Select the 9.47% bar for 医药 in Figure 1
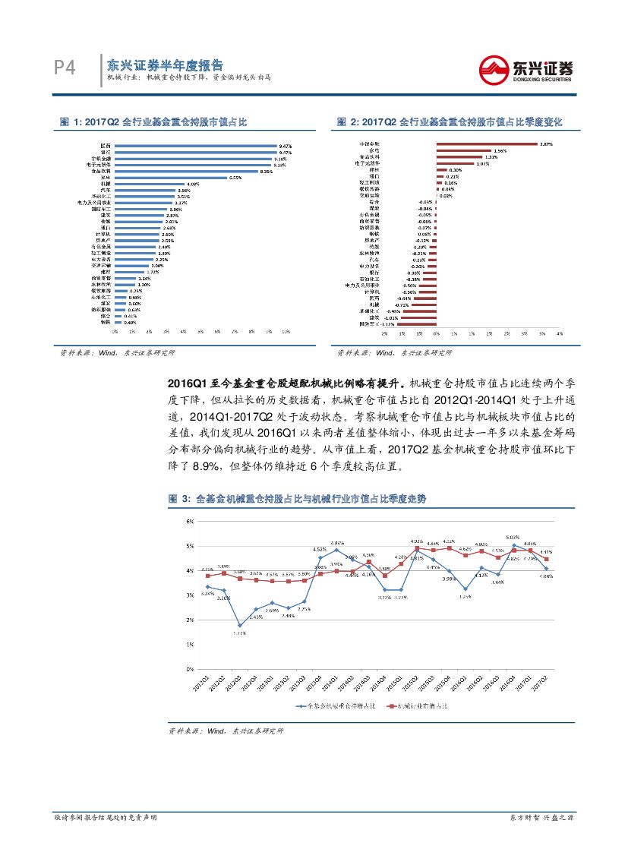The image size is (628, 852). [195, 145]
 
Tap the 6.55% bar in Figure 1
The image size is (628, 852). [170, 177]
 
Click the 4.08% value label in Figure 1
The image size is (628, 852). [192, 184]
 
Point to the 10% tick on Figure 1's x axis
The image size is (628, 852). [286, 332]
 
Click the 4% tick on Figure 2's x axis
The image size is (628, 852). [560, 333]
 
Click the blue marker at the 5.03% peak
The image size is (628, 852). [514, 544]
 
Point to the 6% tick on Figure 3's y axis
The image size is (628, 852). [189, 521]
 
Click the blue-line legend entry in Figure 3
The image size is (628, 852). [333, 705]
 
